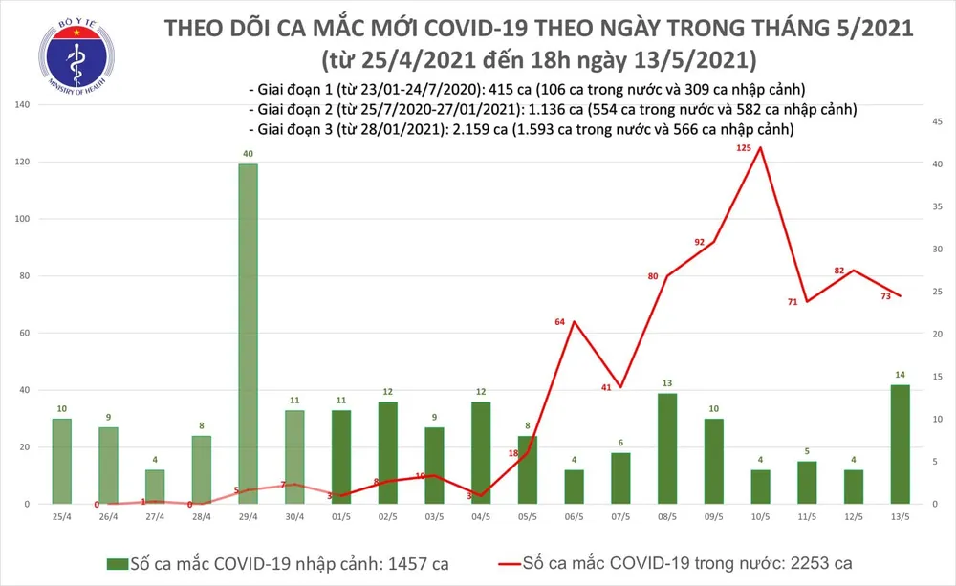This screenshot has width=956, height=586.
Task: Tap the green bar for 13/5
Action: (900, 445)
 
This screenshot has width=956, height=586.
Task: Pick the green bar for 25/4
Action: (62, 462)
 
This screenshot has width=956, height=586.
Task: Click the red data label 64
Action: (561, 322)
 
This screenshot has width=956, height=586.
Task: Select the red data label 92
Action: (699, 243)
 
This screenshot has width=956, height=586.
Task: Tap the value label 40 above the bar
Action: (248, 154)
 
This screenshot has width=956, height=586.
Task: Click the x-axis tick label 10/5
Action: (759, 517)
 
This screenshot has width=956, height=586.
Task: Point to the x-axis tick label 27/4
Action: (155, 517)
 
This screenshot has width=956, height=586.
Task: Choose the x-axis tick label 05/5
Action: (527, 517)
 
